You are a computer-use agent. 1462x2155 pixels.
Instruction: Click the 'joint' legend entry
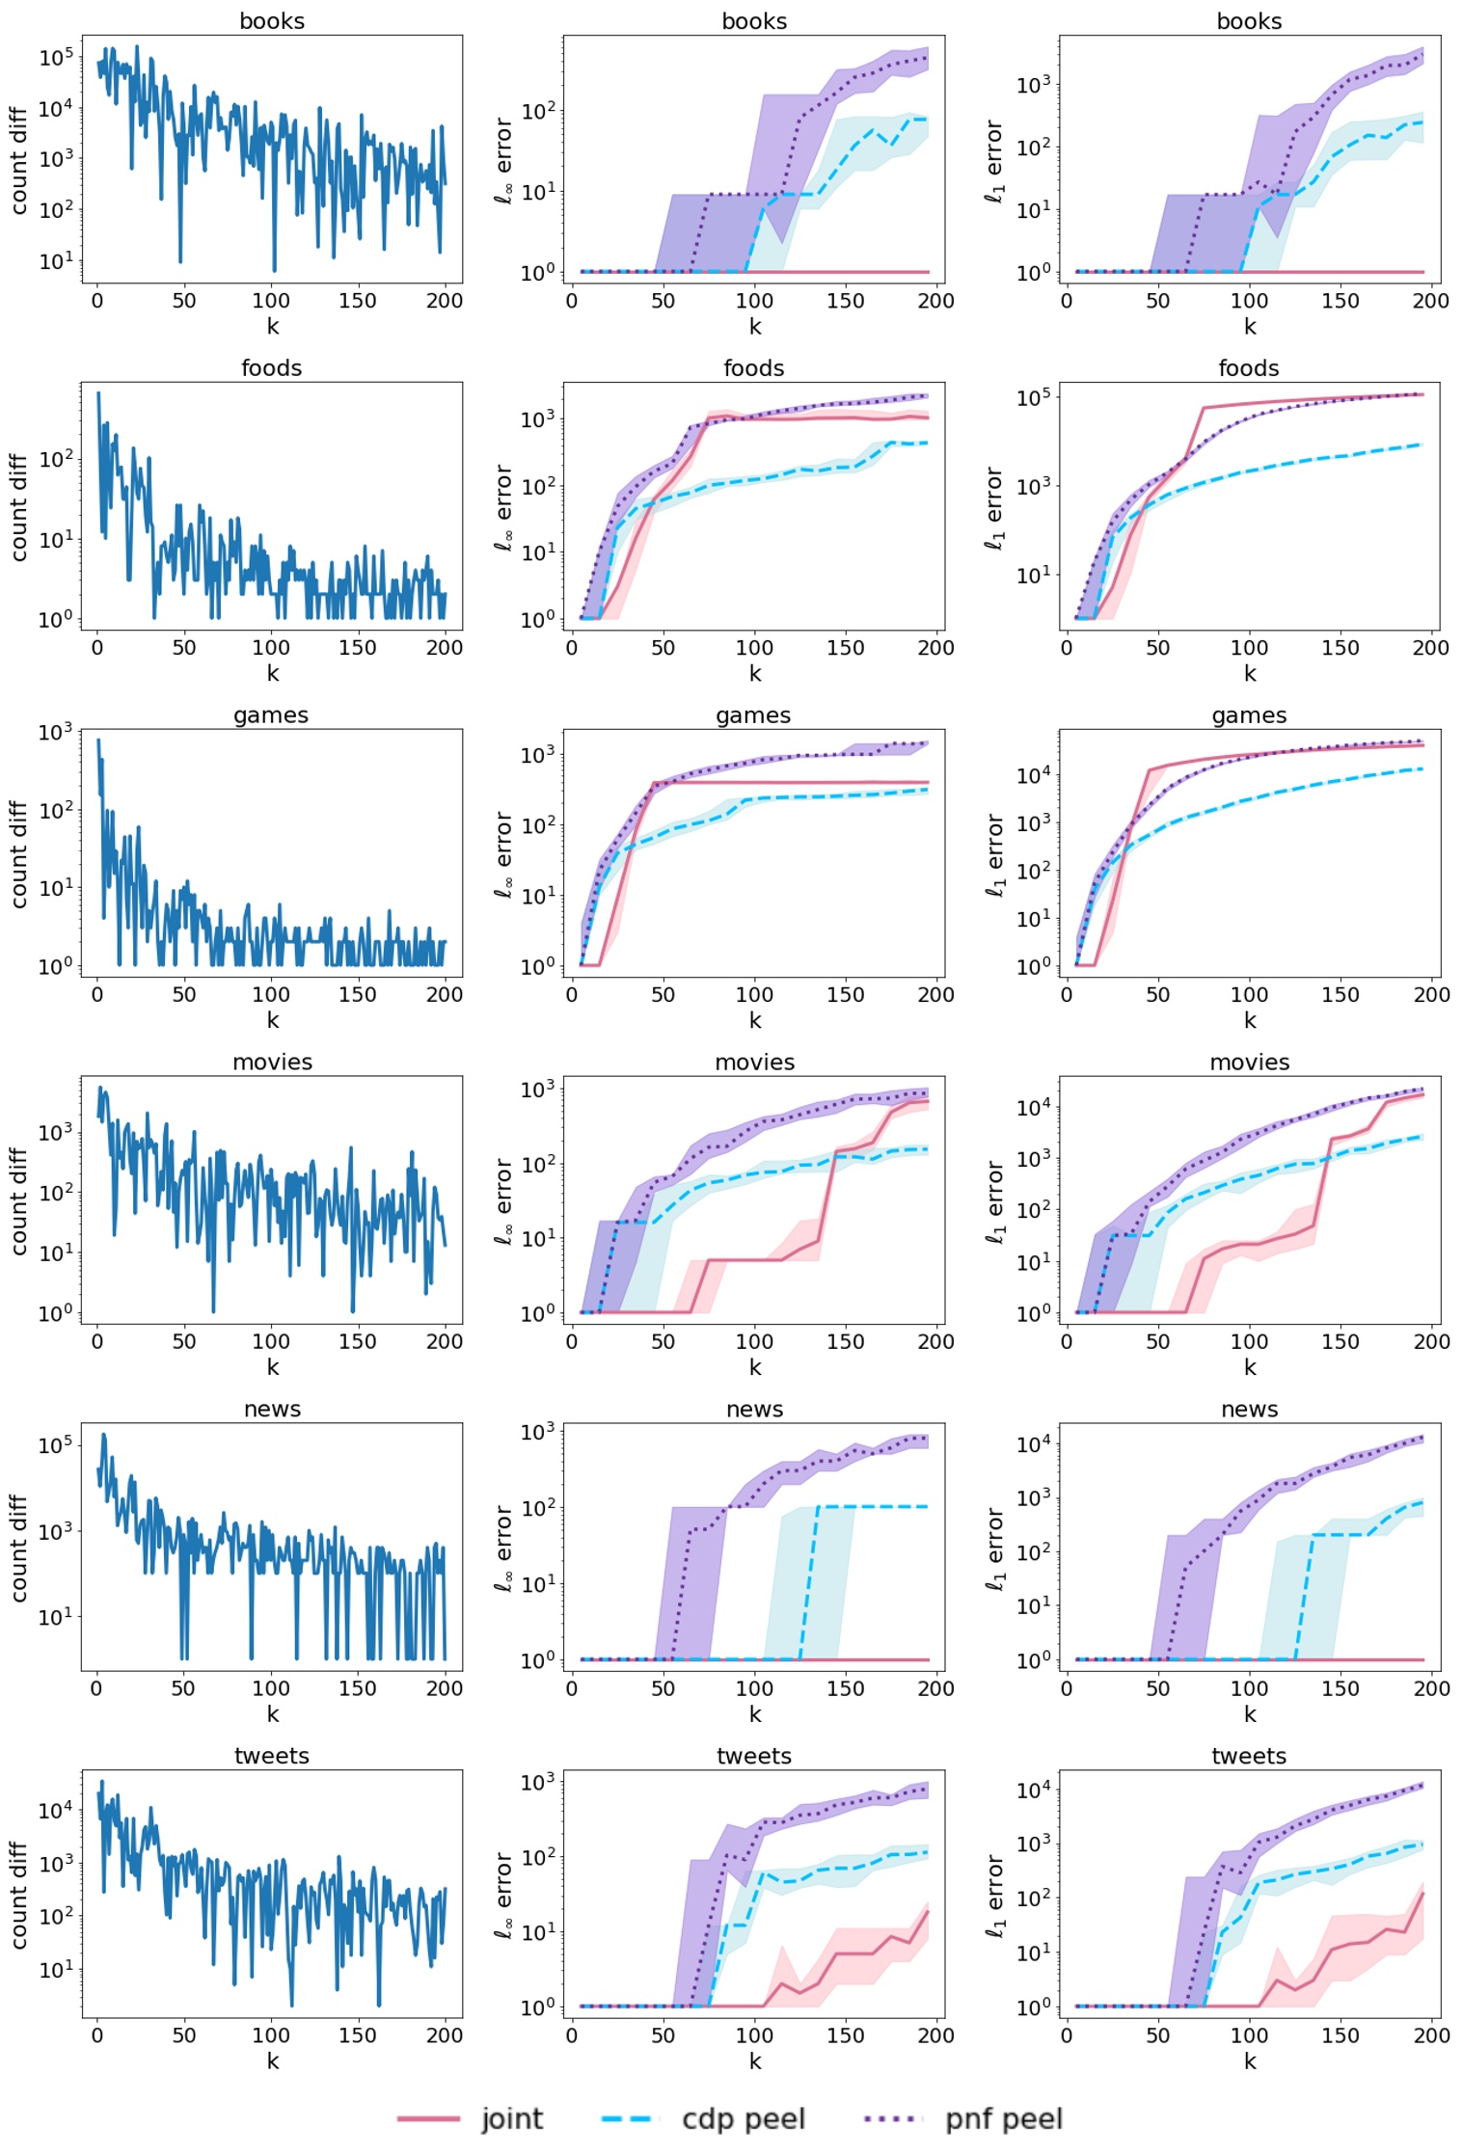point(511,2118)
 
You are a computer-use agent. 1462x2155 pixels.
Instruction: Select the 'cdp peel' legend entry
point(743,2118)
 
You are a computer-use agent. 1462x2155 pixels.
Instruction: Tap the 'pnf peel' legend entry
point(1003,2118)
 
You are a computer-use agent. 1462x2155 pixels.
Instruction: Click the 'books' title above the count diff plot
point(272,21)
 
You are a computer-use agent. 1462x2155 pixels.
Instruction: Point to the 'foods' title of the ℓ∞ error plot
point(754,368)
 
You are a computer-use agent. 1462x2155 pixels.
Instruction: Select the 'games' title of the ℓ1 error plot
point(1249,715)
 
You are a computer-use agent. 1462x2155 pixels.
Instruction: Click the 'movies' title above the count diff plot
point(272,1063)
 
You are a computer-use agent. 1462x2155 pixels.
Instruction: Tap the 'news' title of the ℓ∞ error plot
point(754,1410)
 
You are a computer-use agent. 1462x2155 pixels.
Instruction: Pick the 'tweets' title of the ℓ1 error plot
point(1249,1756)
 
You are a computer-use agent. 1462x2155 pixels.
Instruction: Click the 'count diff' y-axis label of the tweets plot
point(18,1895)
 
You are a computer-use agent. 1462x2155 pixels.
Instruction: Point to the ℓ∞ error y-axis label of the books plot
point(503,160)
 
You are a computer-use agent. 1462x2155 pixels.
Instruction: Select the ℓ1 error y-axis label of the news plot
point(994,1548)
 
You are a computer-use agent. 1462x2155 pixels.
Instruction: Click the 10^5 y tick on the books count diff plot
point(55,58)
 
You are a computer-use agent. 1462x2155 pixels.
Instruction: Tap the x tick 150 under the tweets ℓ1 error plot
point(1340,2034)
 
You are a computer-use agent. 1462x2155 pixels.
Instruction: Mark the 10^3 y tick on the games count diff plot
point(55,733)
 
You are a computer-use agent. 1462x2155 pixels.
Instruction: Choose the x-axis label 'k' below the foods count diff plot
point(272,673)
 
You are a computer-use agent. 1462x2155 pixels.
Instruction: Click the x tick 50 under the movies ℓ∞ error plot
point(663,1341)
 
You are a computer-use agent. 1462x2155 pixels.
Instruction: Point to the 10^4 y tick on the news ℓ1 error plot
point(1033,1443)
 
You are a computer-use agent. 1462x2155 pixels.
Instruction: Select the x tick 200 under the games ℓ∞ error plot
point(935,994)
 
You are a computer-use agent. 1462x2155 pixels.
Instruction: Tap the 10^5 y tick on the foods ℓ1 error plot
point(1033,397)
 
